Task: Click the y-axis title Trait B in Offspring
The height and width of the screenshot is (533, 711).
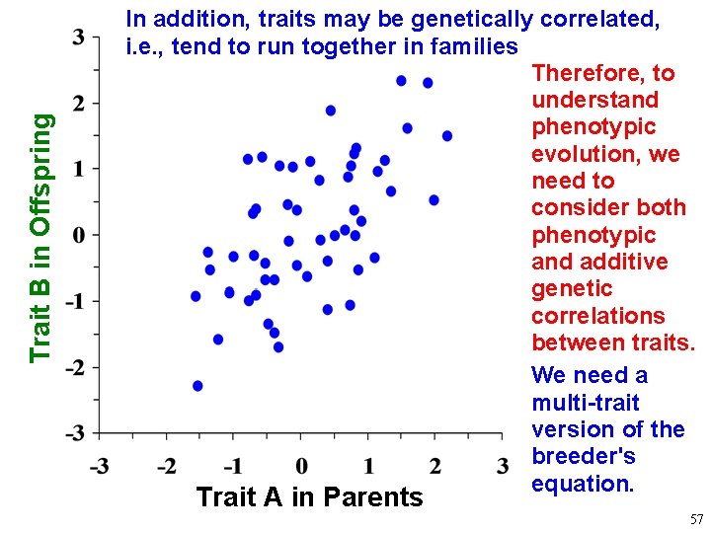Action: [39, 237]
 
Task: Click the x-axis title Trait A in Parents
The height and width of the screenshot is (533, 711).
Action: [309, 496]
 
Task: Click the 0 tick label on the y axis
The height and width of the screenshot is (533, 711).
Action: [79, 235]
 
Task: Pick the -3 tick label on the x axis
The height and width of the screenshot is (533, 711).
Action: [100, 465]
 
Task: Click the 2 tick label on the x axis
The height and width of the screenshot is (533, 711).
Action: [435, 465]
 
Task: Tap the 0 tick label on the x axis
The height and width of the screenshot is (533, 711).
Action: [301, 465]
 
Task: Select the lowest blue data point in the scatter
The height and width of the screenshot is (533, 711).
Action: [197, 386]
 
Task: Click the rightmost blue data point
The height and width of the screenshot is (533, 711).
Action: [447, 136]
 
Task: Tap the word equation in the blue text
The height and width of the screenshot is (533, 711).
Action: [583, 484]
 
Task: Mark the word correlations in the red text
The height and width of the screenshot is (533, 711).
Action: [598, 316]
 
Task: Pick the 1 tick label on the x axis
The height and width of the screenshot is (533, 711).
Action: [367, 465]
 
